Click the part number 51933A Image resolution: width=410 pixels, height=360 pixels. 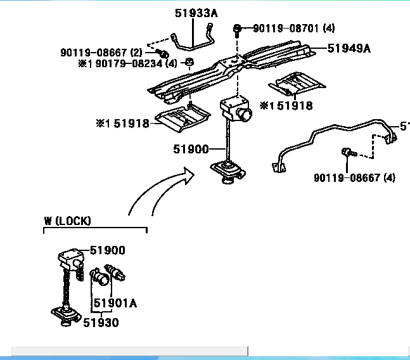click(x=195, y=12)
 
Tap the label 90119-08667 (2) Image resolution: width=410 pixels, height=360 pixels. click(x=101, y=52)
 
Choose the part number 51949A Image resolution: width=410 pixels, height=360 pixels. click(x=349, y=48)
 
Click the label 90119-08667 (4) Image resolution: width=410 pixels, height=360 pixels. click(x=354, y=177)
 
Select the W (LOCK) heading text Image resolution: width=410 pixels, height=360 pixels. click(x=67, y=221)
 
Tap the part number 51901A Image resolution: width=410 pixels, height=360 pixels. click(x=115, y=303)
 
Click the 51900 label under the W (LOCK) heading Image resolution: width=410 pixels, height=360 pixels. click(x=107, y=250)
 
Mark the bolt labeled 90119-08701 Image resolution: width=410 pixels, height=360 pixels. click(x=237, y=29)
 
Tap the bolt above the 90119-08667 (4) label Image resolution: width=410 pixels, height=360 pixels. click(x=346, y=152)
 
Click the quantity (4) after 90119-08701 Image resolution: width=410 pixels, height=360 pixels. click(x=329, y=29)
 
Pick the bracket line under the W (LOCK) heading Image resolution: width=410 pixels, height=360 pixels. click(x=95, y=228)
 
